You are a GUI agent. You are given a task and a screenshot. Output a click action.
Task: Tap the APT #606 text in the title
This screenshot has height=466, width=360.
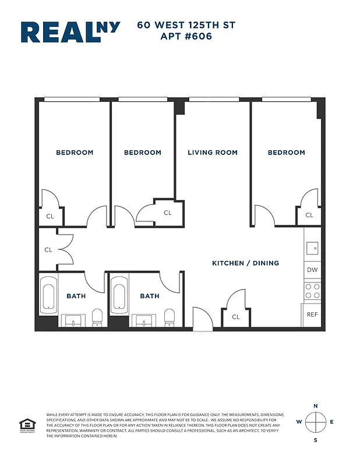coord(186,36)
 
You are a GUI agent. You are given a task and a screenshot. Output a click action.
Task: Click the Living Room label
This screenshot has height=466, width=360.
coord(213,153)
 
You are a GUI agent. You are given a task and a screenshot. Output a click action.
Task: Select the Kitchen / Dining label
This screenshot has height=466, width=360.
coord(245,263)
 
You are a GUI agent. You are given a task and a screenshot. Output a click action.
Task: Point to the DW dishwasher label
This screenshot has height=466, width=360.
coord(312,270)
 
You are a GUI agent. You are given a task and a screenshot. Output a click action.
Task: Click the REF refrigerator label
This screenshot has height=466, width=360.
coord(313,315)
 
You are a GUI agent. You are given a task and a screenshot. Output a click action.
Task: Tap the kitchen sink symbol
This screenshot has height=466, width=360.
coord(313,248)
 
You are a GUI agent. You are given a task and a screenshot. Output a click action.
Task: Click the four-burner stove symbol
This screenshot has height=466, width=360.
coord(313,291)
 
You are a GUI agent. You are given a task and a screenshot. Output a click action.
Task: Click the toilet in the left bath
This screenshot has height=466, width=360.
coord(97,317)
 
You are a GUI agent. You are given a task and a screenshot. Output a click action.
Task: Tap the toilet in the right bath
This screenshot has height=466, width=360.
coord(170,317)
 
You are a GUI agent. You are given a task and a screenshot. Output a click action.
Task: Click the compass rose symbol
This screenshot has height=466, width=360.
coord(315,422)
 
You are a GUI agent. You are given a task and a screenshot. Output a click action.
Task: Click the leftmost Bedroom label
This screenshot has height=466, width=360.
coord(75,153)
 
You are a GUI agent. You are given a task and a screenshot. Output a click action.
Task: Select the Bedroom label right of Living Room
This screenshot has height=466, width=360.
coord(286,153)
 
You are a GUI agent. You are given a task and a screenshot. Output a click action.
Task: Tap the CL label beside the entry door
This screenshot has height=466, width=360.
coord(236,317)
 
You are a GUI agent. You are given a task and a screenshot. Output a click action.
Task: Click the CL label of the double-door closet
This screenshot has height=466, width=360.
coord(48,250)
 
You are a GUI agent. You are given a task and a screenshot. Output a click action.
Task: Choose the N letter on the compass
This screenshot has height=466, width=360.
coord(315,406)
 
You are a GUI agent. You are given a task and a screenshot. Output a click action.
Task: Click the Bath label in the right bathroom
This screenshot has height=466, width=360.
coord(150,296)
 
